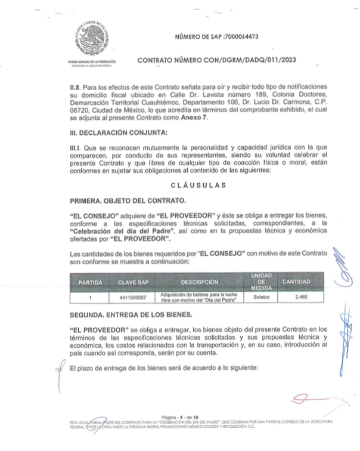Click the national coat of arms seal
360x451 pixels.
tap(91, 41)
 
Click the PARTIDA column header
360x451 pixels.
tap(90, 282)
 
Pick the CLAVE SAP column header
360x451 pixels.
tap(132, 282)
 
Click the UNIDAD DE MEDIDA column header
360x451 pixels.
tap(260, 281)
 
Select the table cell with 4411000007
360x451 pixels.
tap(132, 296)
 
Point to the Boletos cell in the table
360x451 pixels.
tap(261, 296)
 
